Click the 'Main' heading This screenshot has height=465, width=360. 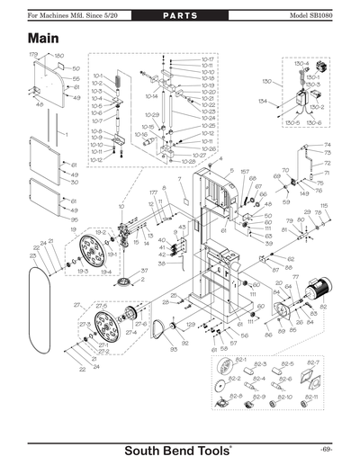[44, 40]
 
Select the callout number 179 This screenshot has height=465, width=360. [33, 55]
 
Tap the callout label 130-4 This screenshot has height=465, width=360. [301, 65]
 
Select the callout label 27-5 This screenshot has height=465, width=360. [101, 307]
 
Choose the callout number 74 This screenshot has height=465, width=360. [327, 144]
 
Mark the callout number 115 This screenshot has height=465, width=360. [324, 206]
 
